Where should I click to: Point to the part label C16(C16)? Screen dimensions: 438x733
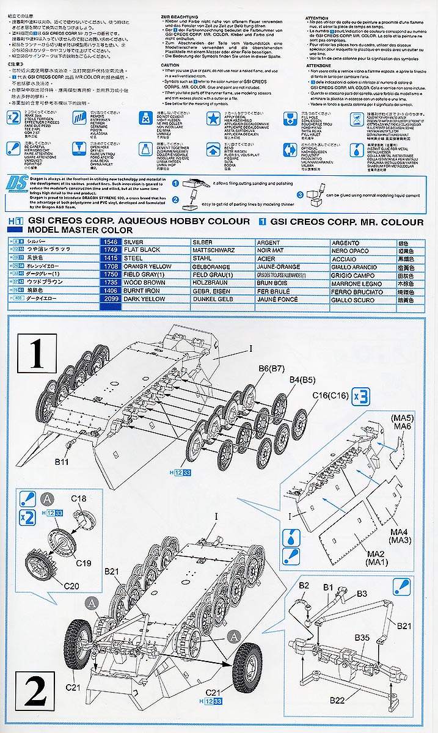pos(330,396)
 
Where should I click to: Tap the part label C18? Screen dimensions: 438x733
pos(79,498)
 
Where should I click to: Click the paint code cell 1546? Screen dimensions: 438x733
pos(109,243)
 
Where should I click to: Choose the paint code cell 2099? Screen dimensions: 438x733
pos(109,299)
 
